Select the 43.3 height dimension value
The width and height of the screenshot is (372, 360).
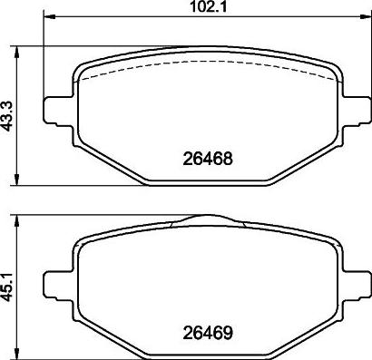8,115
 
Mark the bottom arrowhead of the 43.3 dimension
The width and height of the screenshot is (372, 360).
21,180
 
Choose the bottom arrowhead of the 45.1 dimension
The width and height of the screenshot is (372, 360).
21,353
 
